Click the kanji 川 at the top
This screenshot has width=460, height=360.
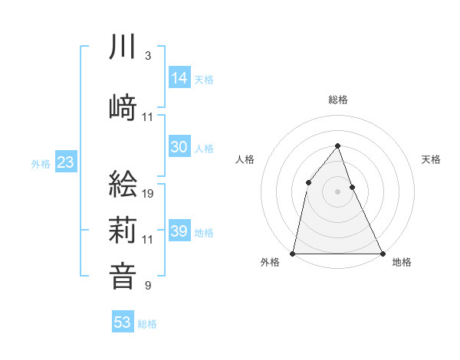click(x=123, y=47)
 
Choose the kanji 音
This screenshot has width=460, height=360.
click(x=123, y=275)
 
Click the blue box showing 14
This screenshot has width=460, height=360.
click(x=179, y=77)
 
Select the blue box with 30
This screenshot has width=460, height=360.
click(x=179, y=147)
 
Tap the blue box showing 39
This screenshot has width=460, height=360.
click(x=179, y=231)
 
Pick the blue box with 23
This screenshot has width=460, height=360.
click(x=65, y=162)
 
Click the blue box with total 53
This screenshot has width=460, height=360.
click(x=123, y=322)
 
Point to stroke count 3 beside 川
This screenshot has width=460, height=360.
click(x=147, y=56)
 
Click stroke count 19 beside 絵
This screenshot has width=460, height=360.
click(x=149, y=193)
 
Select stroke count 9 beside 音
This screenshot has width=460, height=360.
click(x=147, y=286)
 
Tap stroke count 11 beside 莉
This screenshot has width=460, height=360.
click(x=149, y=240)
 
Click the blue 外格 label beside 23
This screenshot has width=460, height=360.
click(x=41, y=163)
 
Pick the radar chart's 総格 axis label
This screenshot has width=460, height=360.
click(x=338, y=100)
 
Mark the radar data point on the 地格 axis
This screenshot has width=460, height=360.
click(x=383, y=253)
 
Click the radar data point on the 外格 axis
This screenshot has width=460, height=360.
click(x=293, y=253)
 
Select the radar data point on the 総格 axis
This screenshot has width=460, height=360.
click(x=338, y=146)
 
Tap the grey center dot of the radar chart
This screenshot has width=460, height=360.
click(x=338, y=191)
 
